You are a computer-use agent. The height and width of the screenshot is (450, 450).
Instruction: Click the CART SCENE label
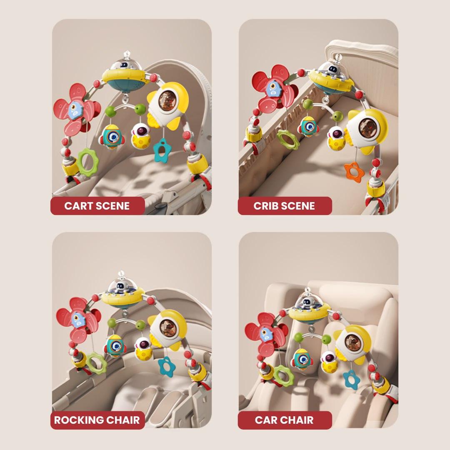tap(97, 206)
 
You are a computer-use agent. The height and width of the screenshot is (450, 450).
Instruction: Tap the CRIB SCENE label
tap(284, 206)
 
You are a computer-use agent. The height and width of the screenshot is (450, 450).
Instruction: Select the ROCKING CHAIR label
tap(97, 420)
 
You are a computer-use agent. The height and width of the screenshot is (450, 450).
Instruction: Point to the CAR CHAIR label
tap(284, 420)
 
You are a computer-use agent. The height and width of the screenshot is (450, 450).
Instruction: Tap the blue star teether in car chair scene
tap(351, 379)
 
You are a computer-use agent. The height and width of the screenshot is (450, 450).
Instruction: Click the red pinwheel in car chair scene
tap(266, 334)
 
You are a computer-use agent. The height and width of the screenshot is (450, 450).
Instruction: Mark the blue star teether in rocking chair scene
tap(166, 366)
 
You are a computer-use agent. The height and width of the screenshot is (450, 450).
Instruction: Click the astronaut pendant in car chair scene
tap(329, 362)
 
